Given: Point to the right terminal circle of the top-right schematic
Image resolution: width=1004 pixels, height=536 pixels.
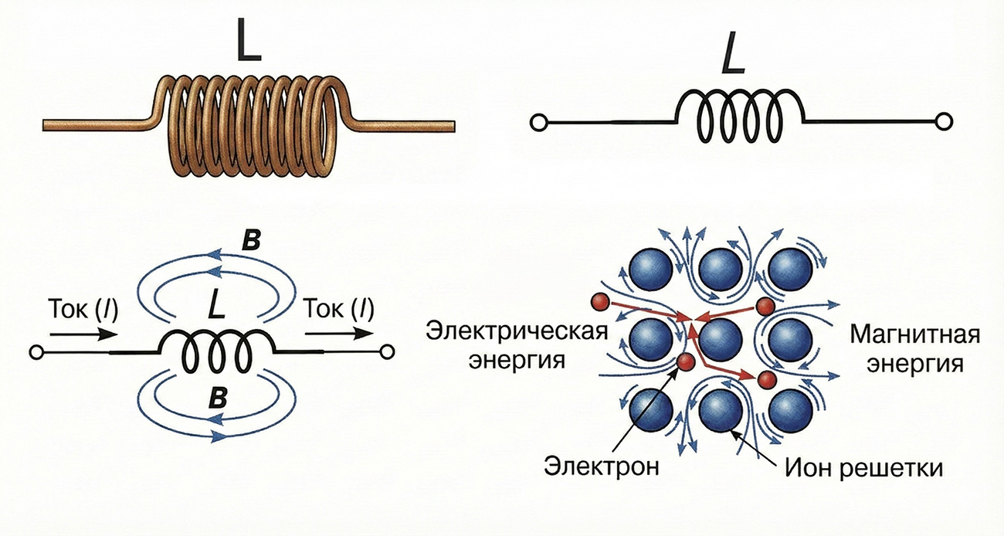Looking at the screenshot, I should [942, 122].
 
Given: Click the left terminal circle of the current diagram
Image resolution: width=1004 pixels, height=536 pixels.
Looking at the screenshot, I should [34, 352].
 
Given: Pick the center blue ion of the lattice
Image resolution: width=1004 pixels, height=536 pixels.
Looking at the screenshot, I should [721, 338].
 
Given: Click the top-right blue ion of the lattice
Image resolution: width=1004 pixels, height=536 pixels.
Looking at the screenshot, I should [789, 268].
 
